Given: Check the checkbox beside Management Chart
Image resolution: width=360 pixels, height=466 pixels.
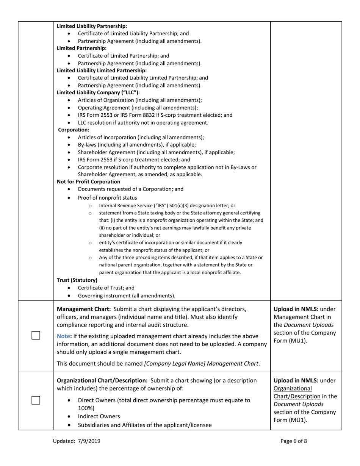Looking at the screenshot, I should (x=36, y=335).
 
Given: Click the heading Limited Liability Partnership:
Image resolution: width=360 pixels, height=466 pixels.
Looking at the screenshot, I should (x=92, y=26).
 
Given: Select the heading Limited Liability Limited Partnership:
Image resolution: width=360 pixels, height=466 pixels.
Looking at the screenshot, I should (x=101, y=70).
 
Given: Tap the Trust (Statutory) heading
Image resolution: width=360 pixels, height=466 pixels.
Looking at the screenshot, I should (x=77, y=280).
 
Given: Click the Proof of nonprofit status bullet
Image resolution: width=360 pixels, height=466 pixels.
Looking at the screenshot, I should (x=108, y=198).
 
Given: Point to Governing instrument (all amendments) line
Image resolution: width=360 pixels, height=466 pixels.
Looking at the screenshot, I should (x=127, y=296).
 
